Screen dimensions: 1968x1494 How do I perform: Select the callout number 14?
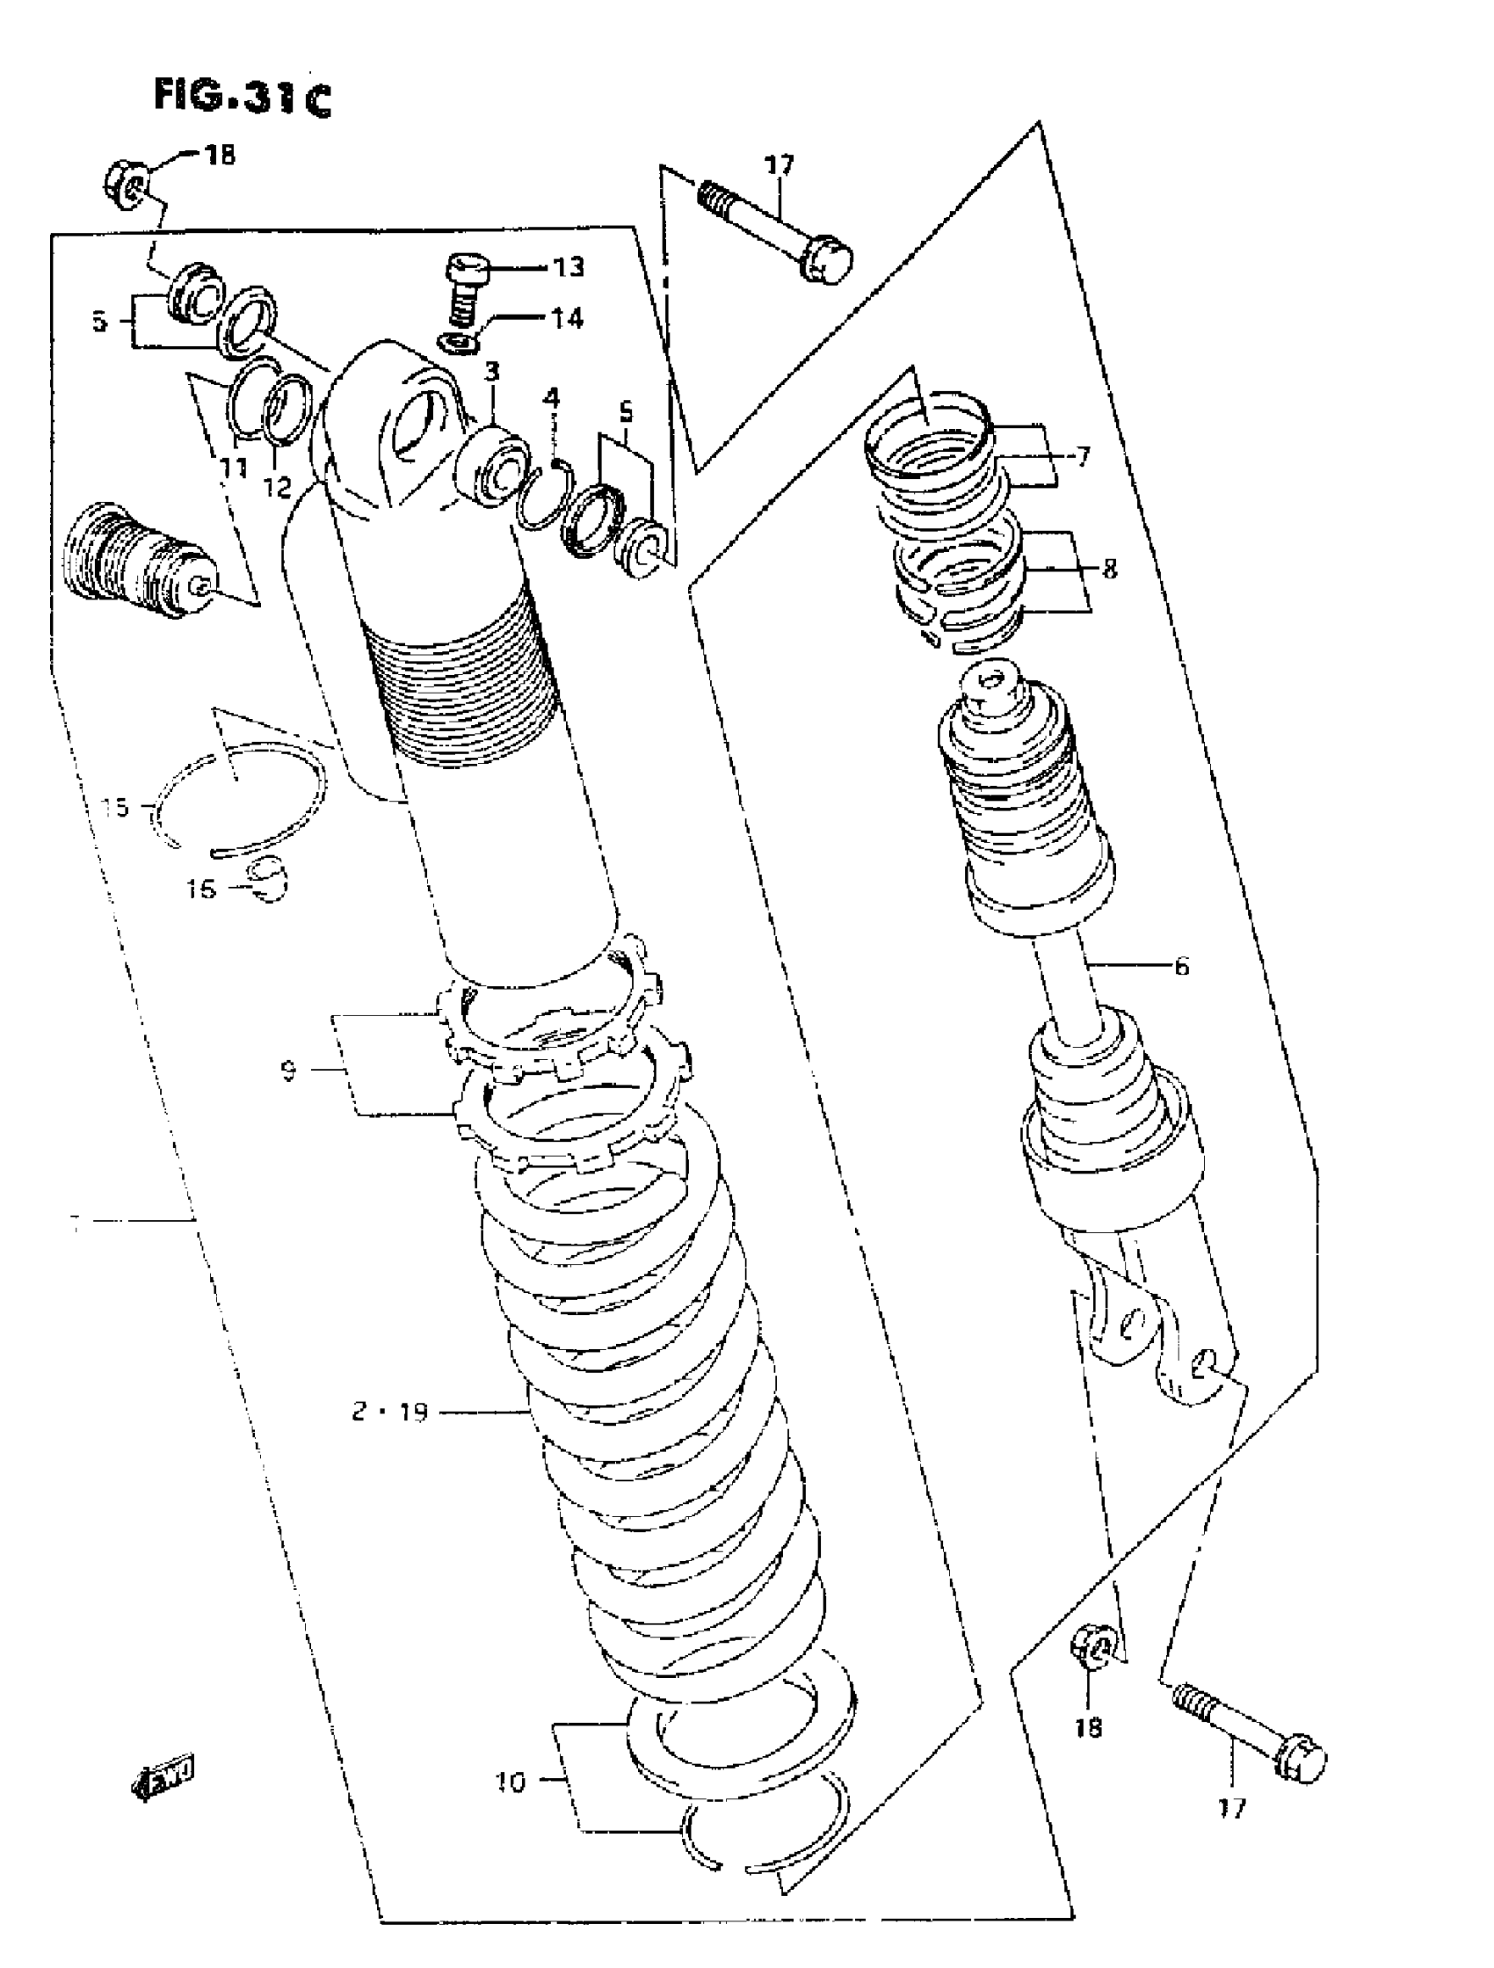tap(568, 317)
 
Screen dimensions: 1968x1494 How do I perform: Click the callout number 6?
tap(1181, 965)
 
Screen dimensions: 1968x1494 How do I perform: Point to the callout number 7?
tap(1082, 457)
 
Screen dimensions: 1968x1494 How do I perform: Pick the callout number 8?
tap(1109, 569)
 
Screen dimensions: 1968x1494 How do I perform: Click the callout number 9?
tap(288, 1071)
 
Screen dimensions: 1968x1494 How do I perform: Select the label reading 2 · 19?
tap(389, 1412)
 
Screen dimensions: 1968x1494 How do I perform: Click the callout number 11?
tap(234, 466)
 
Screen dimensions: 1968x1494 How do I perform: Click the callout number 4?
tap(552, 397)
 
